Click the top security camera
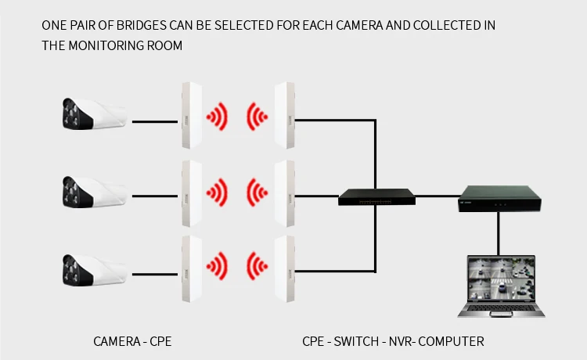93,116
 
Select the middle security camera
93,190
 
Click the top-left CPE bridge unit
188,116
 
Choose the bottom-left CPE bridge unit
188,268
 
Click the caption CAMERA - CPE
132,342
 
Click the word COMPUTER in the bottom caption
454,342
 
